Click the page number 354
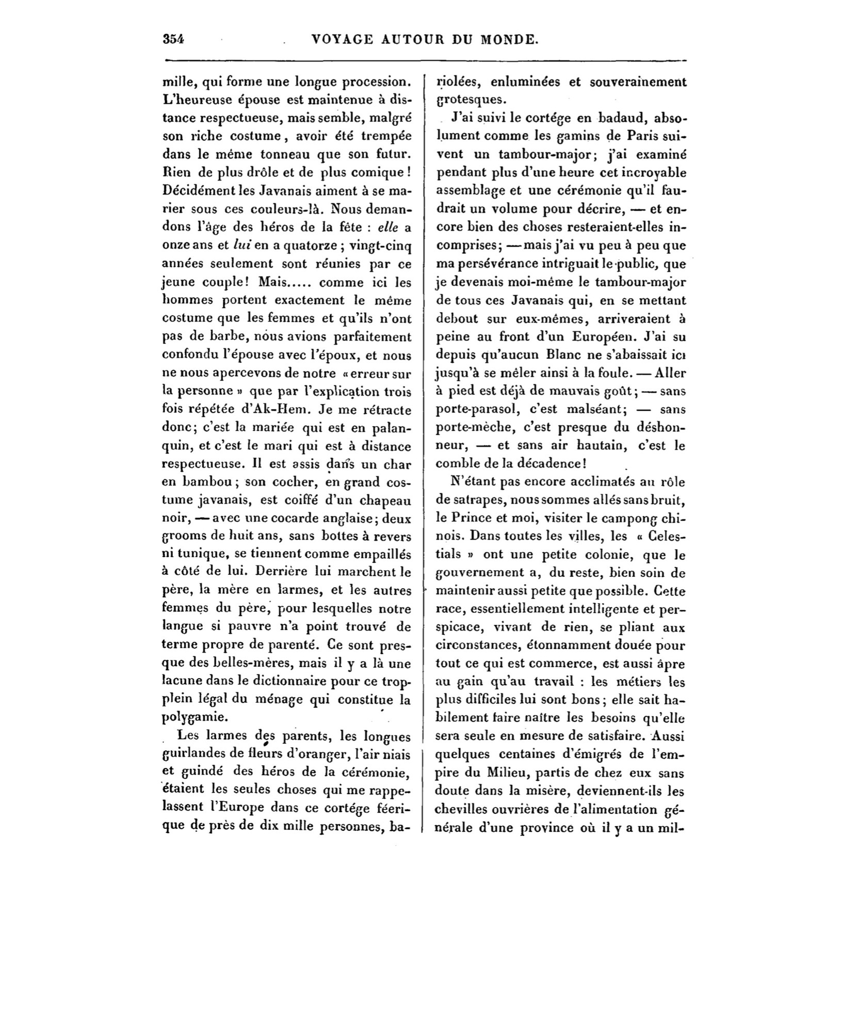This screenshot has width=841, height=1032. [174, 39]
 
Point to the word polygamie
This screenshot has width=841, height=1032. [194, 717]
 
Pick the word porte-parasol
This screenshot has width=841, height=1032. [472, 410]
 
